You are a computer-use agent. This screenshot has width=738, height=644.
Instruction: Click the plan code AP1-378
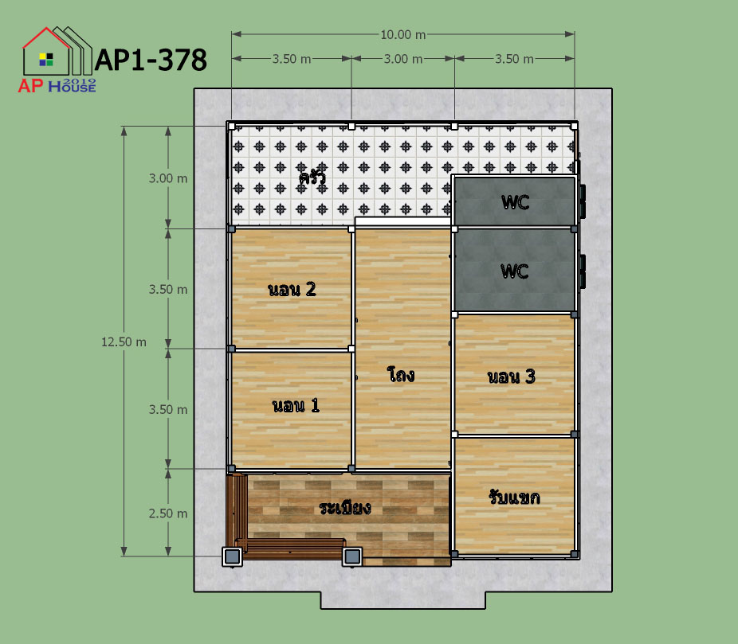[151, 60]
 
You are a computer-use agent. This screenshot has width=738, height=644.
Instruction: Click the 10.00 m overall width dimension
[403, 34]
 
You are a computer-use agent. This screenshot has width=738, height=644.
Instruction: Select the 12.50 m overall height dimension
[124, 342]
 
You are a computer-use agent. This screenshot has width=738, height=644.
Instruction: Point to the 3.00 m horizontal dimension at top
[403, 59]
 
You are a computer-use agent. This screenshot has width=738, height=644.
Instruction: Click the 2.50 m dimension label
[168, 513]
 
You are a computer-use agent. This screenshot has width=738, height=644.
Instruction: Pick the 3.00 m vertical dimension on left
[168, 178]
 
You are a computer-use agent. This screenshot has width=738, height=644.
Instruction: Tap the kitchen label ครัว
[312, 178]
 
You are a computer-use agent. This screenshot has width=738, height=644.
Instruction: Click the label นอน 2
[292, 289]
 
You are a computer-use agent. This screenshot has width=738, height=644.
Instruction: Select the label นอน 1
[296, 405]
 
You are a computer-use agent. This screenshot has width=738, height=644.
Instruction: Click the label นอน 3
[511, 376]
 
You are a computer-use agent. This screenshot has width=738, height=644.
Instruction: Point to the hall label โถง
[401, 374]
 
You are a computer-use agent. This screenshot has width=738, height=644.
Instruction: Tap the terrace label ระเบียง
[345, 508]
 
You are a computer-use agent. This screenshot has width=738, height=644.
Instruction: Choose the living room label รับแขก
[514, 497]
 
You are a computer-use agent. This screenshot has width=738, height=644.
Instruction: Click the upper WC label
[516, 202]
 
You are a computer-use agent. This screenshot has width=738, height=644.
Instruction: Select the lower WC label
[514, 271]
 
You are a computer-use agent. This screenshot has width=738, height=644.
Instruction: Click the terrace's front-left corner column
[233, 557]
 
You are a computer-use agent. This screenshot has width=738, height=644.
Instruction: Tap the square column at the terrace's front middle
[352, 557]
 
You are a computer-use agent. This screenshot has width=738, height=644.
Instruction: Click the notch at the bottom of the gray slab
[403, 600]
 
